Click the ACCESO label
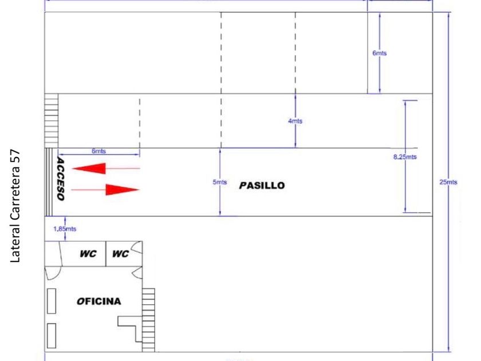pyautogui.click(x=60, y=179)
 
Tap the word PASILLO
pyautogui.click(x=261, y=186)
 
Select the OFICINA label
pyautogui.click(x=99, y=301)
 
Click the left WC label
pyautogui.click(x=88, y=254)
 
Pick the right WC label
pyautogui.click(x=120, y=254)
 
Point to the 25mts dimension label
pyautogui.click(x=448, y=182)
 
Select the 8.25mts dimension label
pyautogui.click(x=405, y=156)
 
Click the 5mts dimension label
pyautogui.click(x=219, y=182)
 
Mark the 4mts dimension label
pyautogui.click(x=295, y=121)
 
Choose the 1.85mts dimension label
pyautogui.click(x=65, y=229)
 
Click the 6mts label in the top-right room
pyautogui.click(x=380, y=53)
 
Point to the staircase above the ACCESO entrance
pyautogui.click(x=52, y=121)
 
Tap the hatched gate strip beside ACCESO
pyautogui.click(x=50, y=182)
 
